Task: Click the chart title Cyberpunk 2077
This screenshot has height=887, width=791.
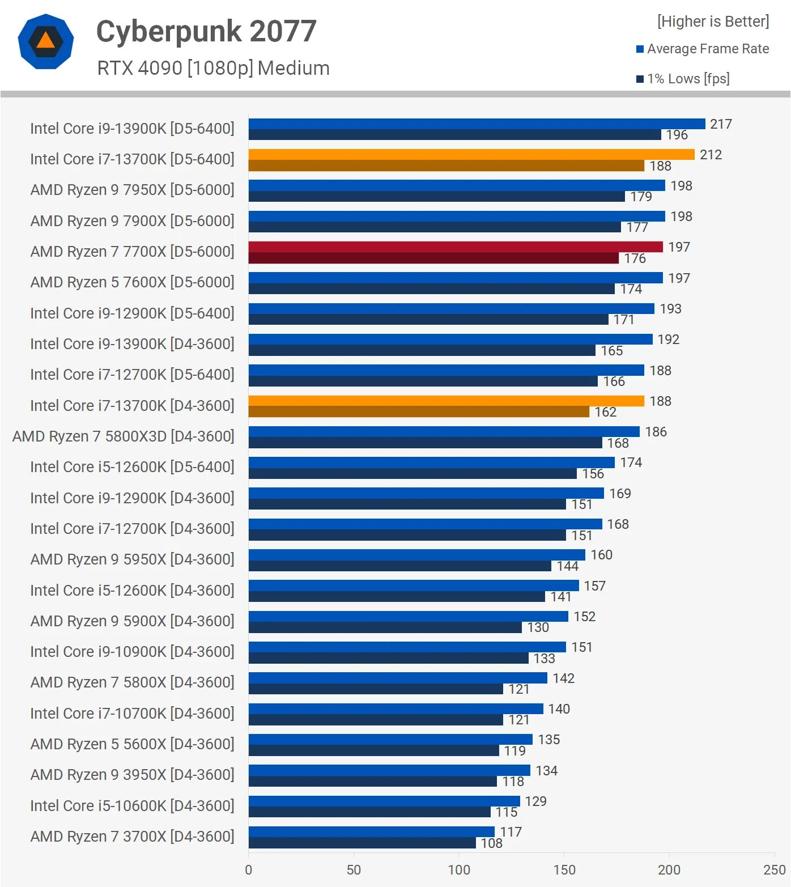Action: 206,31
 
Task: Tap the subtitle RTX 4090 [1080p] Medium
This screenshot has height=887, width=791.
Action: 213,68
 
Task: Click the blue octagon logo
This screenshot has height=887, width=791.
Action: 46,41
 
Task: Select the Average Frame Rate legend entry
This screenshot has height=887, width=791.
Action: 703,49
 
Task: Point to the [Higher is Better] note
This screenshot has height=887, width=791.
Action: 713,22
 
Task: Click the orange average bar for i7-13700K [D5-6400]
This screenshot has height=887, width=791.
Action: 471,155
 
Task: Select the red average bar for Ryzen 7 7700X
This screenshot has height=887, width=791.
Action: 455,247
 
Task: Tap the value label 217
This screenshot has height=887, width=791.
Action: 721,124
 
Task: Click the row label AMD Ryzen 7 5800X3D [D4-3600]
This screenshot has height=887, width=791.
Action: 123,436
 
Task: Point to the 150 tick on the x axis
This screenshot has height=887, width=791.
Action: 564,870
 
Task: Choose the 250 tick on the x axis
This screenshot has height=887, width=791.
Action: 774,870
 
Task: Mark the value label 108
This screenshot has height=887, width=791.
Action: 491,843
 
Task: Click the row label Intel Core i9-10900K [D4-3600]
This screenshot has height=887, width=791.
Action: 132,652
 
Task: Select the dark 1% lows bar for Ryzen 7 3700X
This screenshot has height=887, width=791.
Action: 362,843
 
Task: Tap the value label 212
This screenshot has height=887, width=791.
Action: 711,155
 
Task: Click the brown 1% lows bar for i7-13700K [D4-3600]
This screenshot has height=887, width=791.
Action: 418,412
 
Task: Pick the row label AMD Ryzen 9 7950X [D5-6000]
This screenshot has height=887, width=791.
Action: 132,190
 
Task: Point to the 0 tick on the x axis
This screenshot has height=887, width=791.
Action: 248,870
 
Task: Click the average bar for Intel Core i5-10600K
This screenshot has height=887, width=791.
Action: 384,801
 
